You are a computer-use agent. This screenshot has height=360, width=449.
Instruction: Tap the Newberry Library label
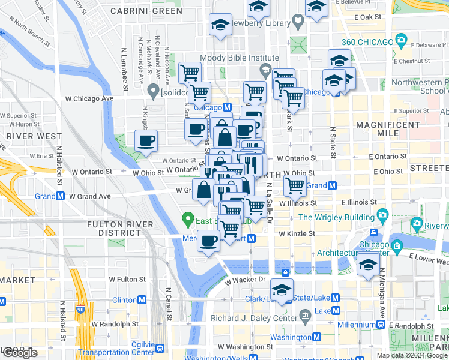pyautogui.click(x=258, y=23)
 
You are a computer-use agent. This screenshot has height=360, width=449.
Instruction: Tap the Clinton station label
pyautogui.click(x=124, y=299)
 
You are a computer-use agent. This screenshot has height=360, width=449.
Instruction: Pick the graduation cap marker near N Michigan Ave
pyautogui.click(x=367, y=265)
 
